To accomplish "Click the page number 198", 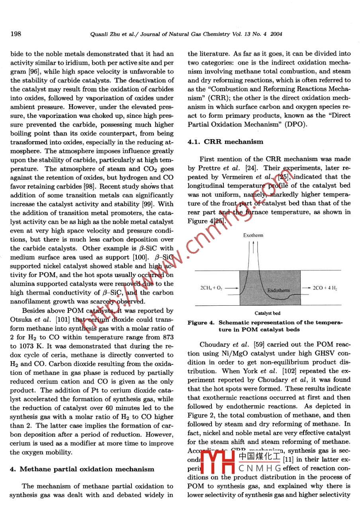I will (x=16, y=33).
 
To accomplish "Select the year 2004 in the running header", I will (x=276, y=34).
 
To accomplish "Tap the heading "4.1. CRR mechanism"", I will (x=225, y=141).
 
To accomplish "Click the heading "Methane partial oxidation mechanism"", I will (x=87, y=469).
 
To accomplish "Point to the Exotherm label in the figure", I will (x=253, y=235).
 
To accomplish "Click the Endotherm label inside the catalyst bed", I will (x=278, y=291).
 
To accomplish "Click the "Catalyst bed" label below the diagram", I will (x=267, y=313).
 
